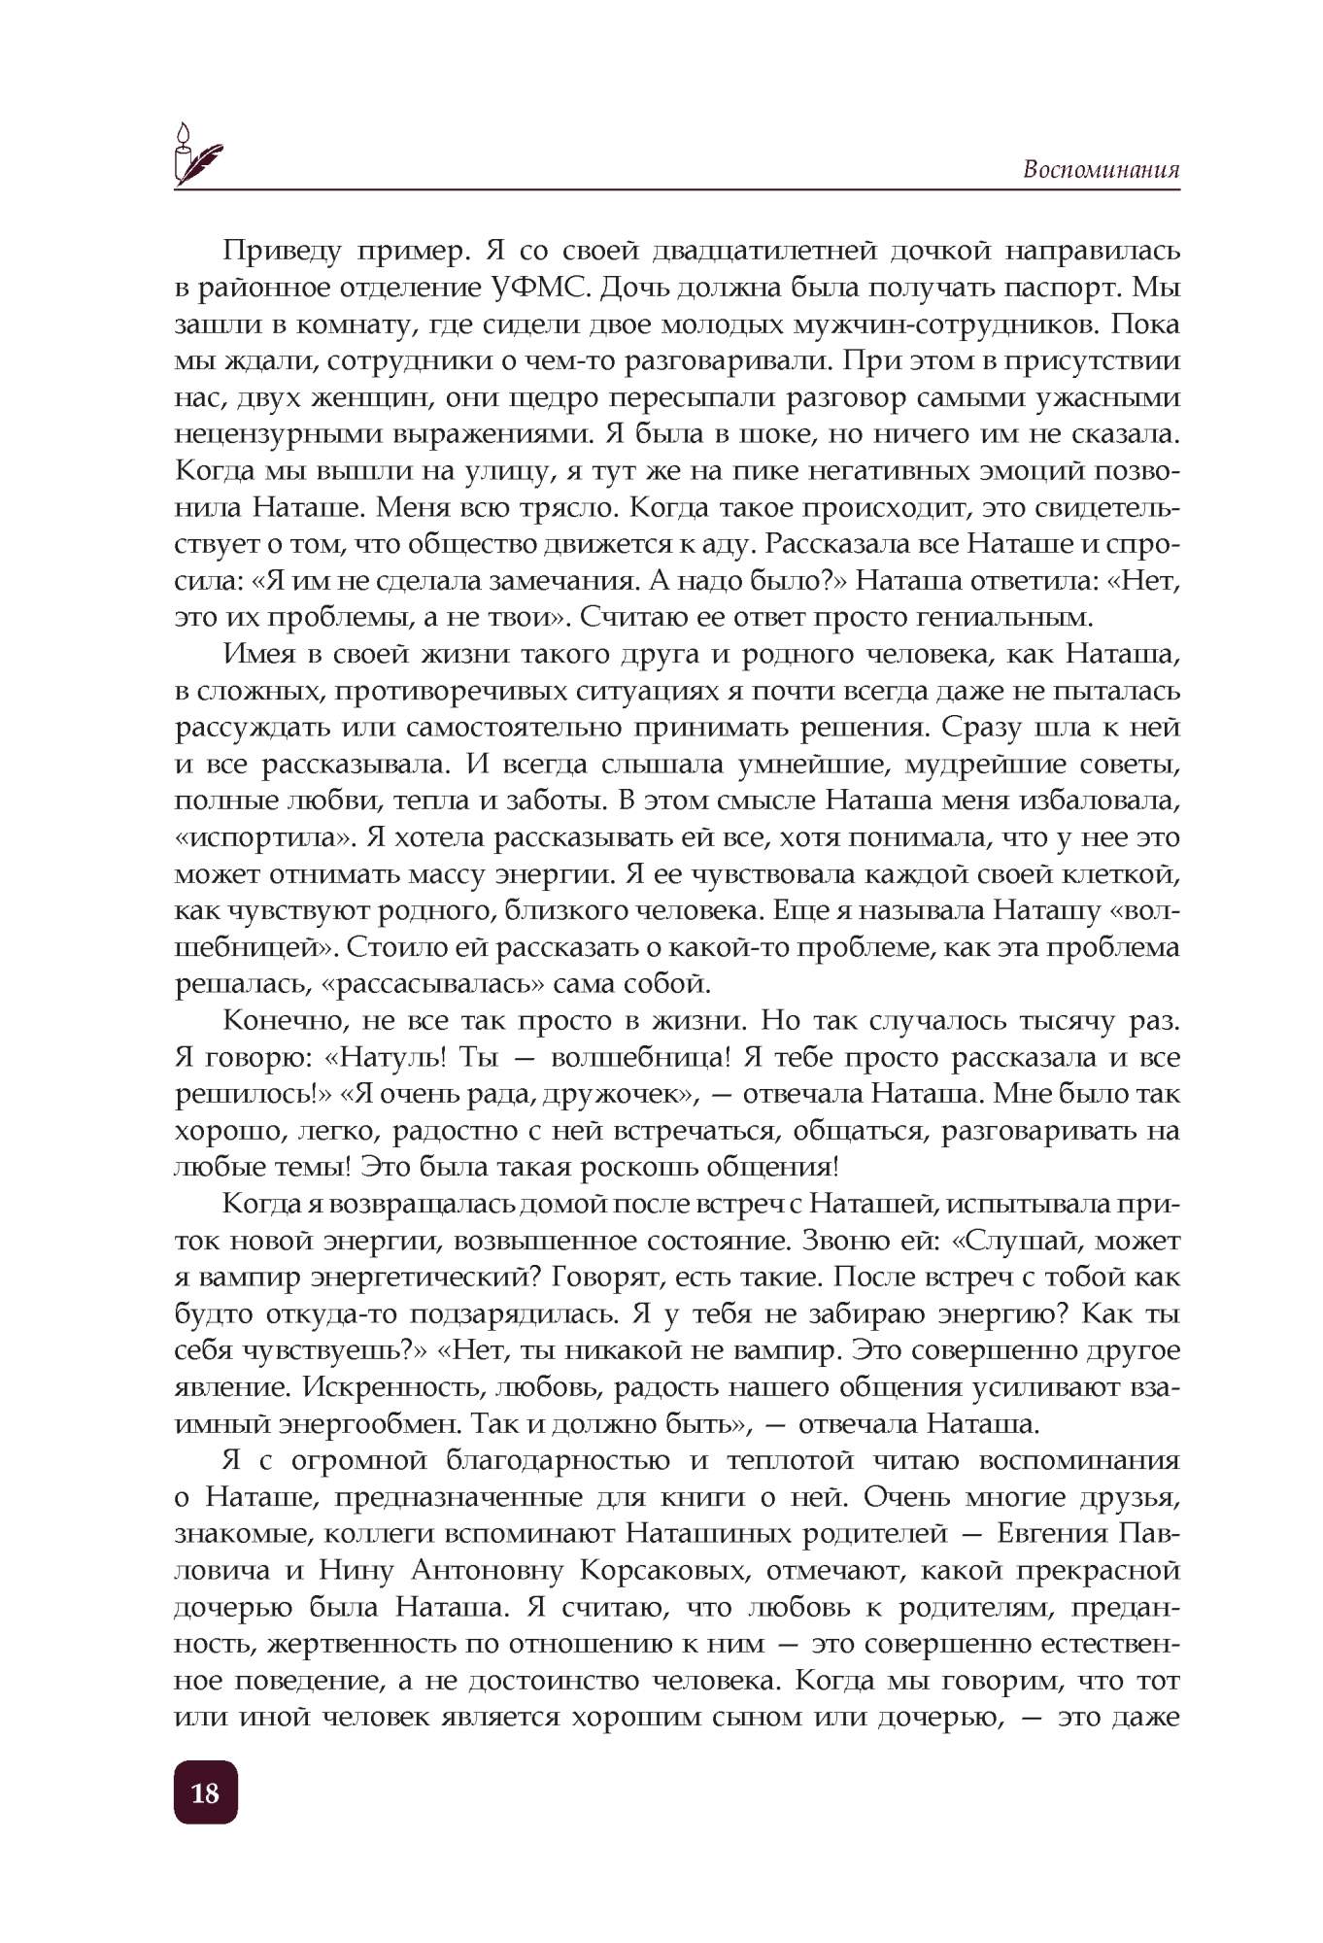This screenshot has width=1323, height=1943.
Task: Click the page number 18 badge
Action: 205,1792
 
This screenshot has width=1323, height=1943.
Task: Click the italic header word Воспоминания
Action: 1101,170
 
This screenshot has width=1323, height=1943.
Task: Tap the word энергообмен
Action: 370,1424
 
